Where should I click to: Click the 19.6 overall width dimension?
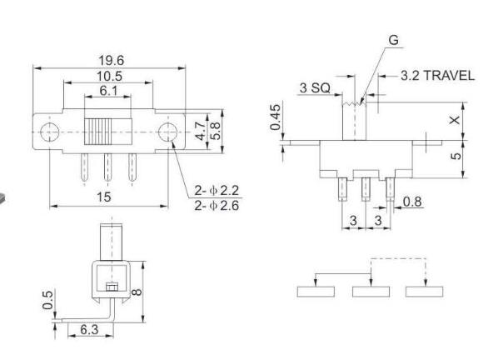(x=107, y=59)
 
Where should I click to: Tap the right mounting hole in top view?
(x=167, y=132)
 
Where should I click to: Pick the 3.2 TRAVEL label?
(x=431, y=76)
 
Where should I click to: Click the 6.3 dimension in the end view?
(x=89, y=332)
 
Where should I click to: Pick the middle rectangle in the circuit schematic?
(x=370, y=290)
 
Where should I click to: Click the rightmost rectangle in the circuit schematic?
(x=423, y=290)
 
